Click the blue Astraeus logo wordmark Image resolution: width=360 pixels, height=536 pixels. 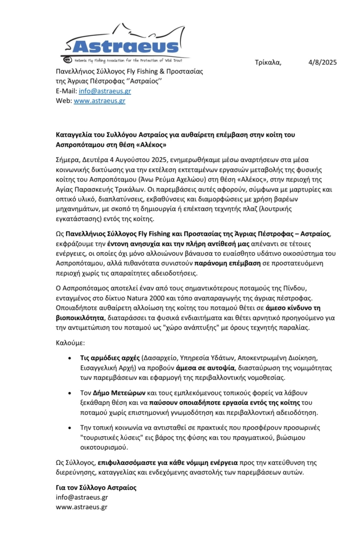(x=125, y=46)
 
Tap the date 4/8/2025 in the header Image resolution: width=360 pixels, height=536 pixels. (x=322, y=62)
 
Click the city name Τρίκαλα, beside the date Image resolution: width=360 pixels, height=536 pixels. (x=268, y=62)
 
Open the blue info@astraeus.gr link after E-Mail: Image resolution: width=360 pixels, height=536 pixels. (x=105, y=91)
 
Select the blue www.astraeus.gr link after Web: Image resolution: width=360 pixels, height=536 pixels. (x=99, y=101)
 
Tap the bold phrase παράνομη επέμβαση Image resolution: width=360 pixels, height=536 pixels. (x=227, y=263)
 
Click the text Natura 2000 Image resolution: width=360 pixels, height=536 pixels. (x=145, y=298)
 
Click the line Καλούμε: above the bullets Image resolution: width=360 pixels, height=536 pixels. (x=70, y=343)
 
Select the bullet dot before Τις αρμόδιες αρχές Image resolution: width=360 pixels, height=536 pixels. (x=69, y=358)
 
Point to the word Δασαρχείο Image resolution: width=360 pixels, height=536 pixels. (x=160, y=358)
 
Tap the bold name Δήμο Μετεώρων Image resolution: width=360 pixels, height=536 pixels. (x=119, y=393)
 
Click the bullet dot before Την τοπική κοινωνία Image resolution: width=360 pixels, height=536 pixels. (x=69, y=428)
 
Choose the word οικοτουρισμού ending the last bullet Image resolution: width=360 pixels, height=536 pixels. (x=104, y=447)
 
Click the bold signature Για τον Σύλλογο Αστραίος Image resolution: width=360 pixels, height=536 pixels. (x=96, y=488)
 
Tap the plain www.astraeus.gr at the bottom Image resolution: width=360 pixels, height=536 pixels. (x=82, y=507)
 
